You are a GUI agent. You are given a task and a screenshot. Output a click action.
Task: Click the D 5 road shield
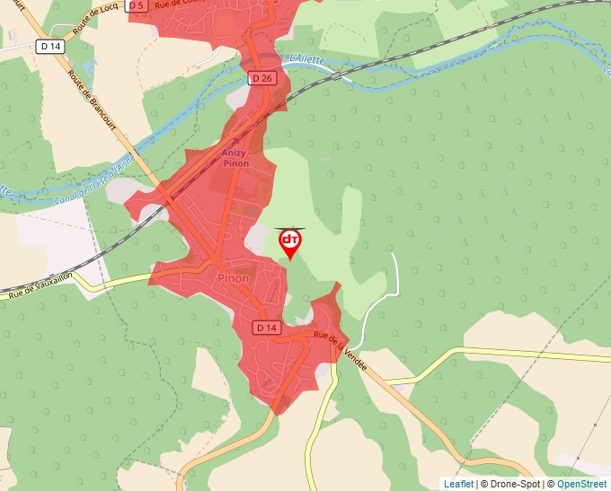(x=137, y=5)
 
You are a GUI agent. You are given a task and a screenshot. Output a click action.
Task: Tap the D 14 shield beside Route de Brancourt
(x=50, y=46)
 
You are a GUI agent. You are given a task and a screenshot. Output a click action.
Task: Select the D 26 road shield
(x=261, y=79)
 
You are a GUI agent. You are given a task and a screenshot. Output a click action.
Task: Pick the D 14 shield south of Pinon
(x=267, y=328)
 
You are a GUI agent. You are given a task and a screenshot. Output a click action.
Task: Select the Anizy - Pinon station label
(x=235, y=158)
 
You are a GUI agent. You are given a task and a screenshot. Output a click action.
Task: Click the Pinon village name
(x=234, y=278)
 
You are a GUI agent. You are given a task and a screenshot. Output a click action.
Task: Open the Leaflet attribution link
(x=458, y=484)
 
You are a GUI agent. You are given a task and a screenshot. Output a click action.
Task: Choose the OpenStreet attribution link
(x=581, y=484)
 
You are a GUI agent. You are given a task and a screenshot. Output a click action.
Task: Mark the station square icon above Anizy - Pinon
(x=236, y=141)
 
